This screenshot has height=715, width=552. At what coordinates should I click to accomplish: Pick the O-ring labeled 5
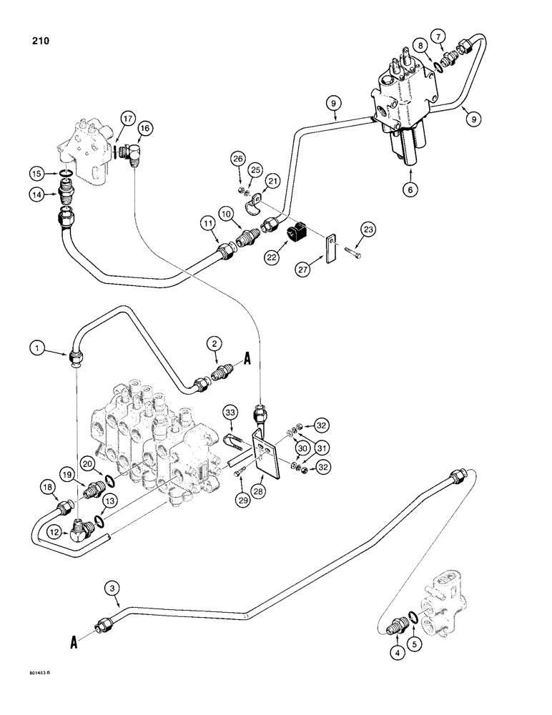pyautogui.click(x=415, y=616)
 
